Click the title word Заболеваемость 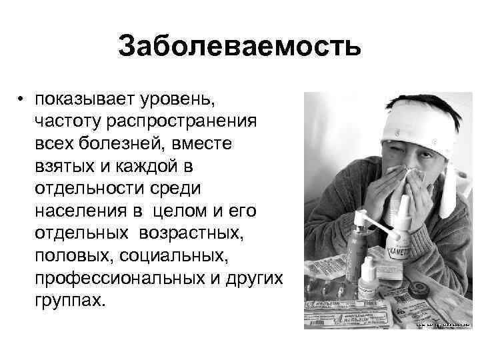239,47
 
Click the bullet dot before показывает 22,99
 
